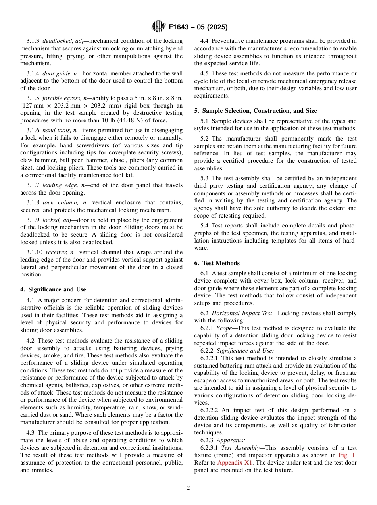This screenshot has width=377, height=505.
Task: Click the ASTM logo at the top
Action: point(158,27)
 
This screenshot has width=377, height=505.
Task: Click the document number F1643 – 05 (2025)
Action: point(198,27)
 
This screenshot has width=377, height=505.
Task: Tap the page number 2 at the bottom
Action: point(188,488)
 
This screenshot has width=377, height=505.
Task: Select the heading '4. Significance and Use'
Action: point(53,289)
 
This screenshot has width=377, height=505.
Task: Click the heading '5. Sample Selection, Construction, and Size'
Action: point(256,111)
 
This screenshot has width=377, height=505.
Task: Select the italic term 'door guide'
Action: point(56,73)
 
